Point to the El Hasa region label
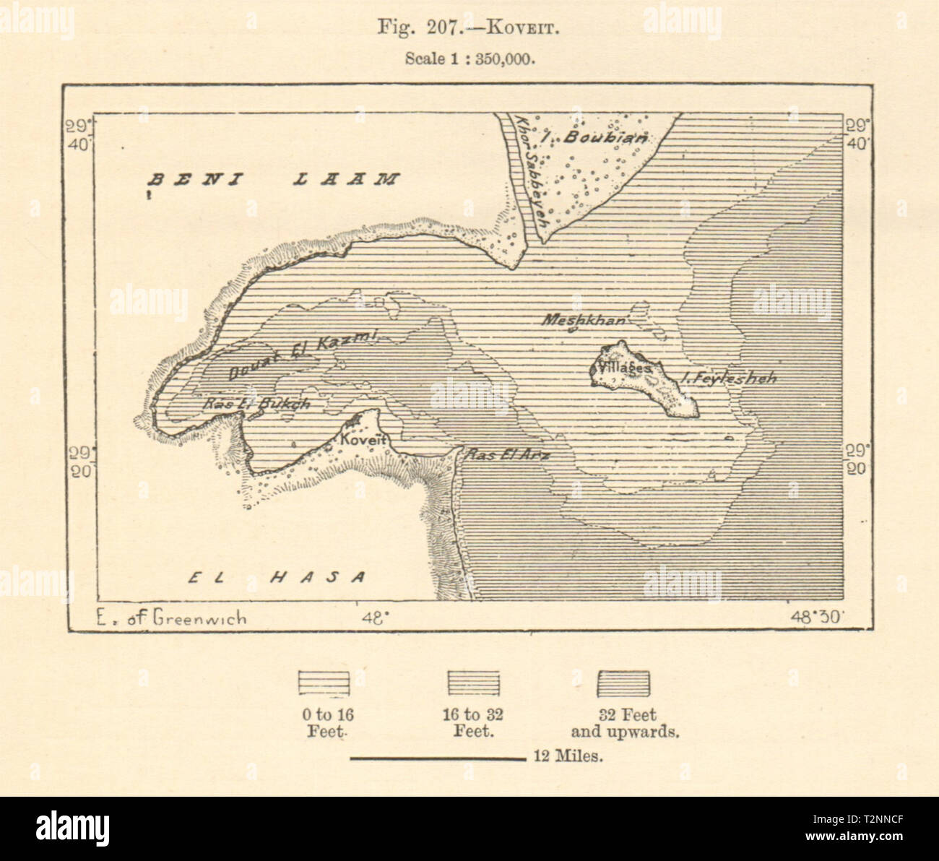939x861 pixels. tap(278, 576)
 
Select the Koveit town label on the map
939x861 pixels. tap(365, 441)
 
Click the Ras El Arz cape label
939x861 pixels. tap(508, 455)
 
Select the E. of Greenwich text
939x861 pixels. tap(170, 617)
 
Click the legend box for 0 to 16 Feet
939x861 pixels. tap(324, 683)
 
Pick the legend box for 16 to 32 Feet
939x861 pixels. tap(472, 683)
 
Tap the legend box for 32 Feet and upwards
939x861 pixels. tap(623, 683)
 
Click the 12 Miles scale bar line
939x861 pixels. tap(438, 758)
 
